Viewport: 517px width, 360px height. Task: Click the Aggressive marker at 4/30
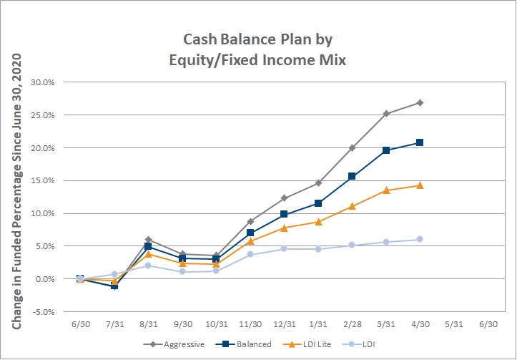coord(420,103)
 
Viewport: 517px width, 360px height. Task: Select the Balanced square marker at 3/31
coord(386,150)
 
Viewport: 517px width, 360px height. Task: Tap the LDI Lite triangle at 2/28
coord(352,206)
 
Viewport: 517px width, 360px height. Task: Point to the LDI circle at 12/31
coord(284,248)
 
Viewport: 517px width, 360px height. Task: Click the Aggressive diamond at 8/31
coord(148,240)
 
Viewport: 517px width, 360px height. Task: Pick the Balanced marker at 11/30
coord(250,233)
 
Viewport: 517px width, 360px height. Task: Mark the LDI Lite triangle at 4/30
coord(420,185)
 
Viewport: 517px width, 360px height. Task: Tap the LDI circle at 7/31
coord(114,274)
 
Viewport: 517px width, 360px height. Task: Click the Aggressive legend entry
coord(174,344)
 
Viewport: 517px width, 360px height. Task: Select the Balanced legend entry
coord(244,344)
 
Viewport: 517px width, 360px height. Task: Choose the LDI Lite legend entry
coord(307,344)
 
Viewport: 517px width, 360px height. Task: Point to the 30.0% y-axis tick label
coord(42,82)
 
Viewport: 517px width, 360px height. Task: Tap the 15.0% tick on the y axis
coord(42,180)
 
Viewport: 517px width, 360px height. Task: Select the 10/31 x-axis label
coord(216,324)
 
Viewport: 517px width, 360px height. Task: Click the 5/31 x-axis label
coord(453,324)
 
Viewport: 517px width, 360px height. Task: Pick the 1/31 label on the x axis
coord(318,324)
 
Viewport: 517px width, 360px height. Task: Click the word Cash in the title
coord(200,39)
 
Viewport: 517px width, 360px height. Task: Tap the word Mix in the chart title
coord(333,60)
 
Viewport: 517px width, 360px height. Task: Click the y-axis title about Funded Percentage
coord(16,191)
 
